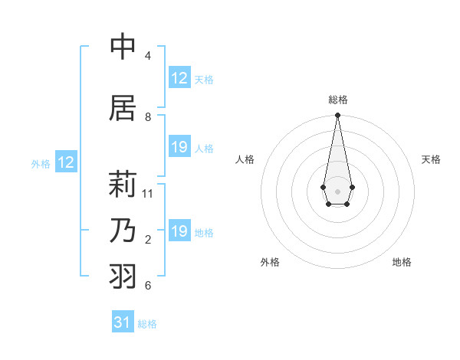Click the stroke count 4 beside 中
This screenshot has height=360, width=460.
[148, 56]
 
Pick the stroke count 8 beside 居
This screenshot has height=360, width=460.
[148, 117]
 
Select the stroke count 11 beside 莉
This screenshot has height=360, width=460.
[148, 194]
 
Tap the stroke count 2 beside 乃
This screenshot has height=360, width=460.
[148, 240]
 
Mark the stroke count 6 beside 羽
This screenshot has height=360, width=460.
[148, 286]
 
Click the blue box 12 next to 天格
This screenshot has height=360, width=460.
[179, 78]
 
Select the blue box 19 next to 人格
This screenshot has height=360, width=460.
[179, 147]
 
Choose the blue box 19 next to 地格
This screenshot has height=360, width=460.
[179, 231]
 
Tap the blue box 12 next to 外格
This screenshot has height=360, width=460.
[66, 162]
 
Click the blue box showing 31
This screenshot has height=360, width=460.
[123, 322]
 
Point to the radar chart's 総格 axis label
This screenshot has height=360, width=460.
[338, 100]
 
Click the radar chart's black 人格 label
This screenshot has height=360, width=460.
[245, 159]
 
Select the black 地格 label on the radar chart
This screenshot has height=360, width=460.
[402, 262]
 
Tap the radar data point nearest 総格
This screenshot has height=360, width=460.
[337, 116]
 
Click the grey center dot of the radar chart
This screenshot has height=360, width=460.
[337, 190]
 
